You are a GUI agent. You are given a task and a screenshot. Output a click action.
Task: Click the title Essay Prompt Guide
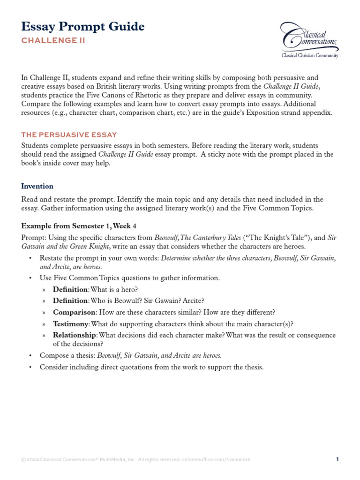pyautogui.click(x=83, y=27)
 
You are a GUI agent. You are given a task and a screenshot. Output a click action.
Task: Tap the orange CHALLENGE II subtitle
pyautogui.click(x=53, y=41)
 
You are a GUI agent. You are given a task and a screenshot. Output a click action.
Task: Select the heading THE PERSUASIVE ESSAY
pyautogui.click(x=69, y=135)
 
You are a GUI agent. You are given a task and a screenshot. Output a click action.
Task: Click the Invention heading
pyautogui.click(x=37, y=186)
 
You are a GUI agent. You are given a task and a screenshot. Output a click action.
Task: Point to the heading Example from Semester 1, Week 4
pyautogui.click(x=79, y=226)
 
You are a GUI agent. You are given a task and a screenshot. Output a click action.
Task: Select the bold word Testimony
pyautogui.click(x=70, y=324)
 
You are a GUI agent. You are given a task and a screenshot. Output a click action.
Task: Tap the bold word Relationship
pyautogui.click(x=75, y=335)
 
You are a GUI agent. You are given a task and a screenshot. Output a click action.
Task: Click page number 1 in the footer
pyautogui.click(x=337, y=460)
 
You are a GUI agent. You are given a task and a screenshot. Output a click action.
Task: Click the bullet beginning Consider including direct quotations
pyautogui.click(x=151, y=367)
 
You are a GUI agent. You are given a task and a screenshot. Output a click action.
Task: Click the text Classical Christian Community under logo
pyautogui.click(x=309, y=55)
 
